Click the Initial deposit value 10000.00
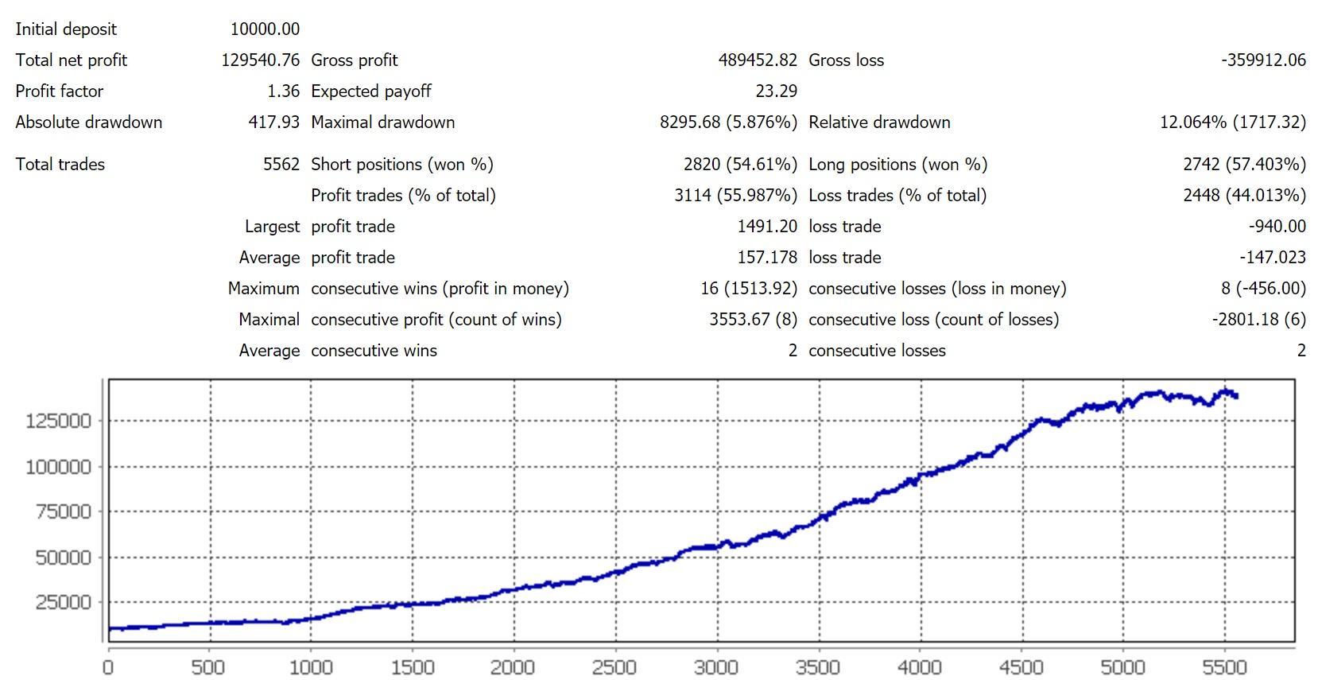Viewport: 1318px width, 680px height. (265, 29)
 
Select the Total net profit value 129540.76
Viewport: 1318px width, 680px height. (260, 60)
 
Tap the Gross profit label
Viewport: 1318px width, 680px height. (355, 60)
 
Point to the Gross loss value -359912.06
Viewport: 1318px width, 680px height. (1263, 60)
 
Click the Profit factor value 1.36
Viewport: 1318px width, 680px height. (283, 91)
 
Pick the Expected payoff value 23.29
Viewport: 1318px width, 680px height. (776, 91)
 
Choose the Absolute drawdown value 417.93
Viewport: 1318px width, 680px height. (273, 122)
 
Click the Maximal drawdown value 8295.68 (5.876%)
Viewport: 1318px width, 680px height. (728, 122)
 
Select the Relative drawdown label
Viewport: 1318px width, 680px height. (879, 122)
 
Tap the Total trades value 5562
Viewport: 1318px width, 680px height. (281, 165)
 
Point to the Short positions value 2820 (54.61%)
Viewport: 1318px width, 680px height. (740, 165)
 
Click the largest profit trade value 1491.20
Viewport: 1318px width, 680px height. (767, 227)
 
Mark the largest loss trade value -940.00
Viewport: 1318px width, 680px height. (1277, 227)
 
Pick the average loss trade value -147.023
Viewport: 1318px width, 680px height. (1273, 258)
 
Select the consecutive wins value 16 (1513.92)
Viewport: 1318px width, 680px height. (749, 289)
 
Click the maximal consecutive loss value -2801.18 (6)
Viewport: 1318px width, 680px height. (1258, 320)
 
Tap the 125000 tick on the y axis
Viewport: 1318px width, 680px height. (58, 422)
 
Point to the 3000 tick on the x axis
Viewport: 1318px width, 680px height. (716, 667)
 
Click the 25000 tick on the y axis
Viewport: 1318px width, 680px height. (63, 603)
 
